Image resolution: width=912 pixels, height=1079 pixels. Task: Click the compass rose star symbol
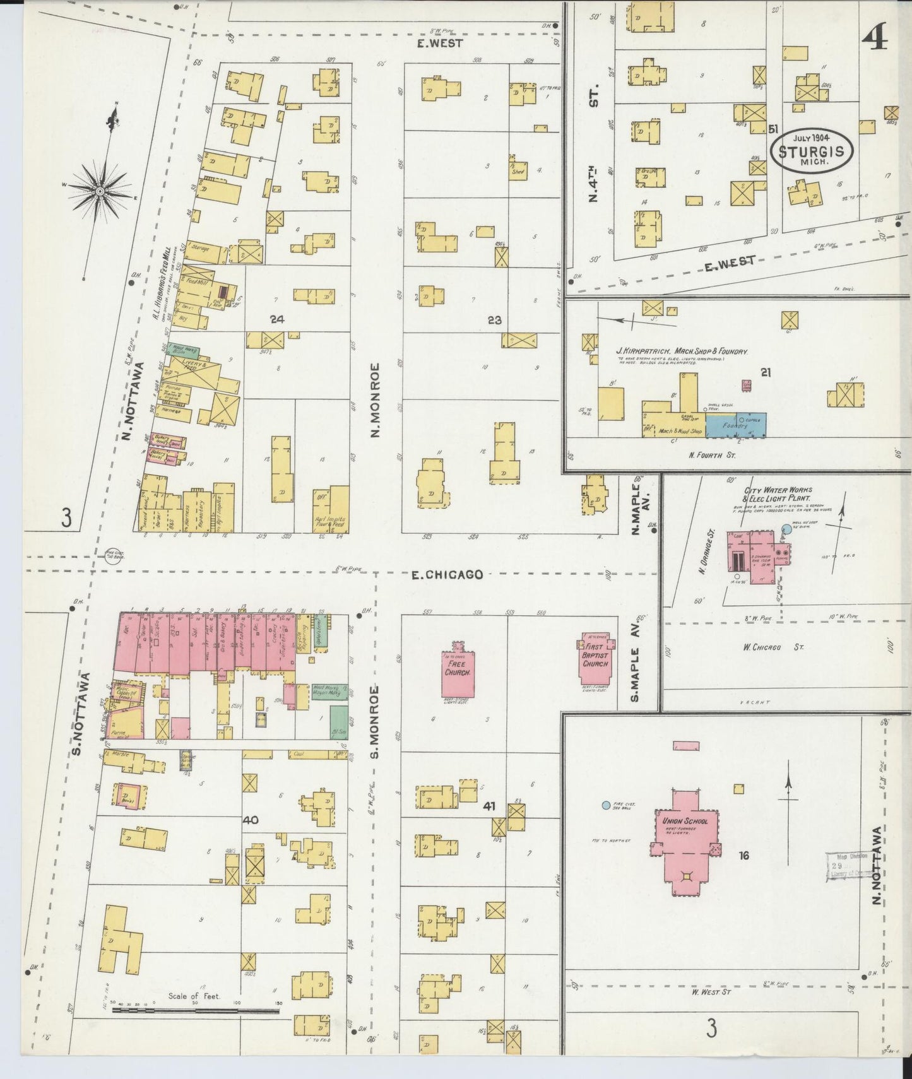(x=100, y=190)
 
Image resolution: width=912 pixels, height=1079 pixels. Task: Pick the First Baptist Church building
(x=595, y=660)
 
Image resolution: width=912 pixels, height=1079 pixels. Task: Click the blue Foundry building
(x=735, y=426)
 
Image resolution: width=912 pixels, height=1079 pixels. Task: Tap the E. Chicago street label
(x=447, y=574)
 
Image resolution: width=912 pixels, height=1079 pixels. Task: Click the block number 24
(x=276, y=319)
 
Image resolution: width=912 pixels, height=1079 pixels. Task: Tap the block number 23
(x=494, y=320)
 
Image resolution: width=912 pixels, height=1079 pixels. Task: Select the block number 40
(x=251, y=820)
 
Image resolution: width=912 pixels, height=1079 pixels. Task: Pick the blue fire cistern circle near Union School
(x=606, y=805)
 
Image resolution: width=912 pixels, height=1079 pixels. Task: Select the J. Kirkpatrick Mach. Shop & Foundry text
(x=682, y=351)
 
